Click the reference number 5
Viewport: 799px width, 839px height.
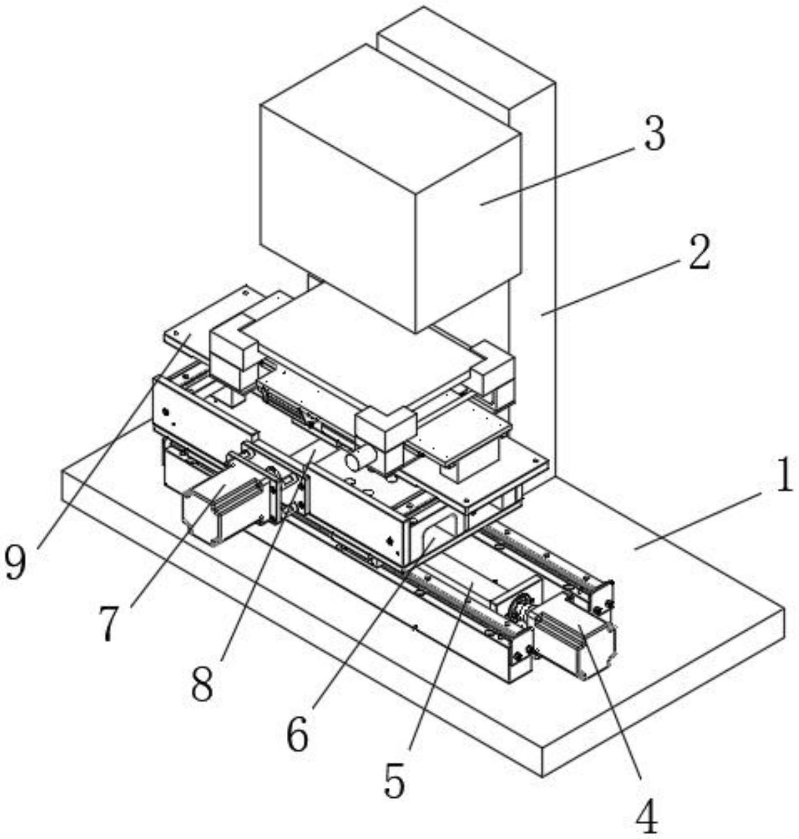tap(394, 781)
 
